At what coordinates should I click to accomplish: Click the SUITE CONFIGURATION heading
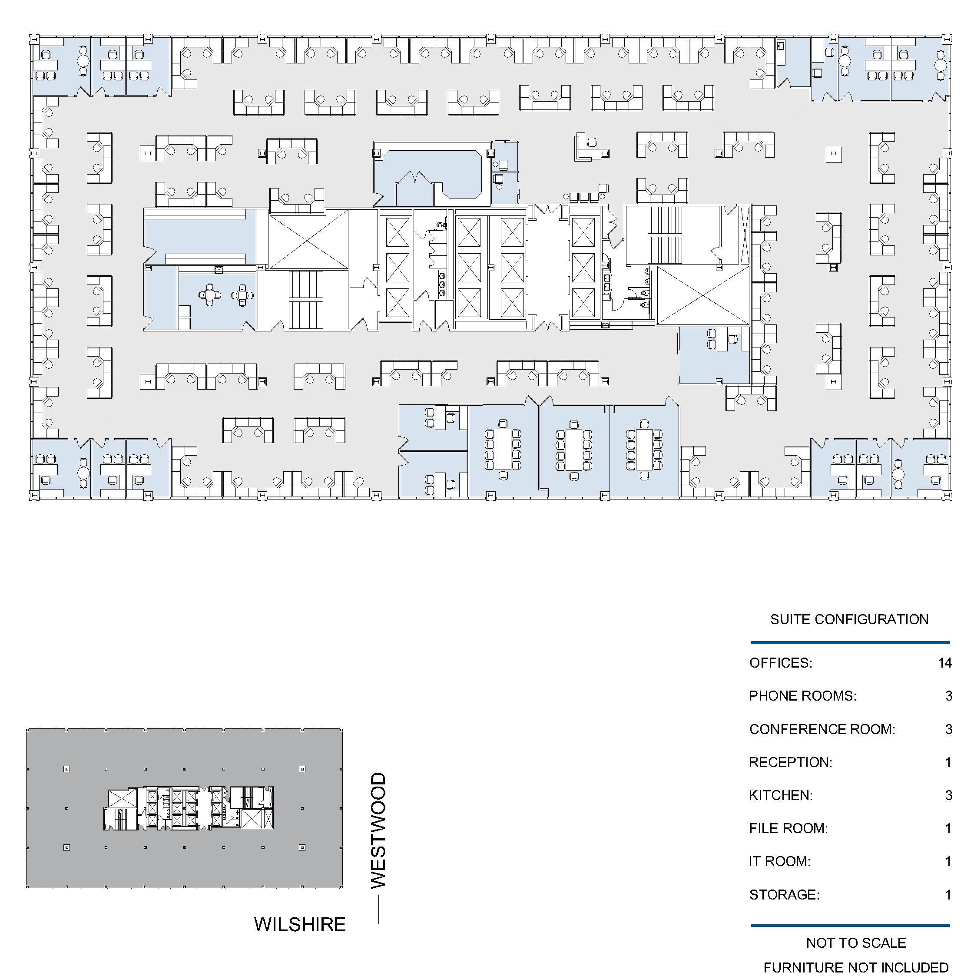[x=849, y=619]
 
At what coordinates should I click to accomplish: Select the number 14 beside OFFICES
[x=944, y=663]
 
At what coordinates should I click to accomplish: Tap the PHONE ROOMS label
[x=803, y=696]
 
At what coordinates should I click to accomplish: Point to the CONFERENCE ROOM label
[x=822, y=729]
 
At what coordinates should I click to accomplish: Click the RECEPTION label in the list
[x=791, y=762]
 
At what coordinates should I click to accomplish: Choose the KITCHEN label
[x=780, y=795]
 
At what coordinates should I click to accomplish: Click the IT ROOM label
[x=779, y=861]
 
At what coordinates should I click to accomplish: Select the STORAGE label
[x=784, y=894]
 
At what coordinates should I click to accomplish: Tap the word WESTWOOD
[x=378, y=830]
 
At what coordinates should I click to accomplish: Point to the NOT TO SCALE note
[x=856, y=943]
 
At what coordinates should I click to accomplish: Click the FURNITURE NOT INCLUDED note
[x=856, y=967]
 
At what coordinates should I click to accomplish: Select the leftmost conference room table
[x=503, y=449]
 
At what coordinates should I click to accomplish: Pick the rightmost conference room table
[x=644, y=449]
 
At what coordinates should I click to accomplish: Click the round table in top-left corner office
[x=83, y=61]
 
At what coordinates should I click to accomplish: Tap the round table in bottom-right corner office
[x=898, y=474]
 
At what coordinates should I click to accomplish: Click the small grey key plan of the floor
[x=185, y=808]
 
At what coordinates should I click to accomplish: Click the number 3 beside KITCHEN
[x=949, y=795]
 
